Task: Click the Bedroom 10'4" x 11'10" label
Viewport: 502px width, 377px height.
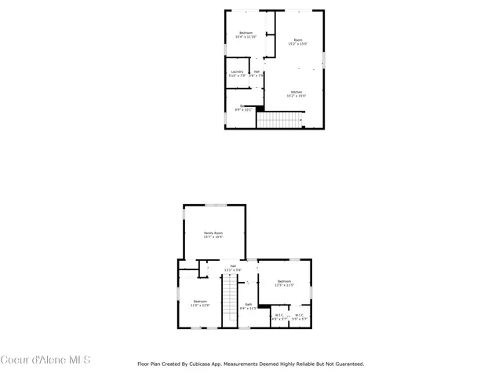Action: point(246,35)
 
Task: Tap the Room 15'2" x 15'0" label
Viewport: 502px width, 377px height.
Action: point(297,42)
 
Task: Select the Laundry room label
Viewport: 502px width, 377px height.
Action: point(237,74)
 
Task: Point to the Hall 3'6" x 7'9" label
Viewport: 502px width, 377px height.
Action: point(256,74)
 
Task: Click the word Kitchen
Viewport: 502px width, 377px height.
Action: point(296,92)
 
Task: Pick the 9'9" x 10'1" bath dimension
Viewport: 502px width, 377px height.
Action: point(242,110)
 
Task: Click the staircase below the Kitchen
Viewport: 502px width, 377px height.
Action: point(281,120)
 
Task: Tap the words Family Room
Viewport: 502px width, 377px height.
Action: point(213,233)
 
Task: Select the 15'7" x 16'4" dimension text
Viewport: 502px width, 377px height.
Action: point(213,237)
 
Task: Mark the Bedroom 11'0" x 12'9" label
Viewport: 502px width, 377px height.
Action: point(201,303)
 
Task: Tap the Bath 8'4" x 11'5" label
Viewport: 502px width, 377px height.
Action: point(248,306)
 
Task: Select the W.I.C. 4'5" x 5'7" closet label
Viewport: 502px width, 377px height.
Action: point(279,317)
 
